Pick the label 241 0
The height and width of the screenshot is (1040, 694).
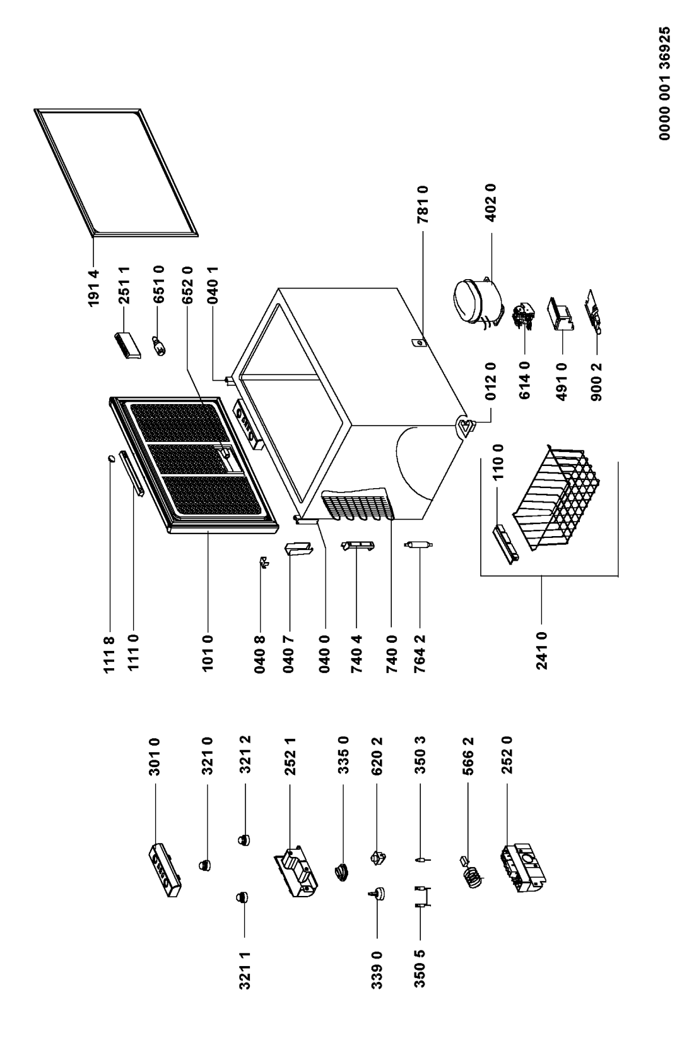pyautogui.click(x=541, y=650)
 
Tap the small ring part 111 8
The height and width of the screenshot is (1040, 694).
pyautogui.click(x=110, y=458)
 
